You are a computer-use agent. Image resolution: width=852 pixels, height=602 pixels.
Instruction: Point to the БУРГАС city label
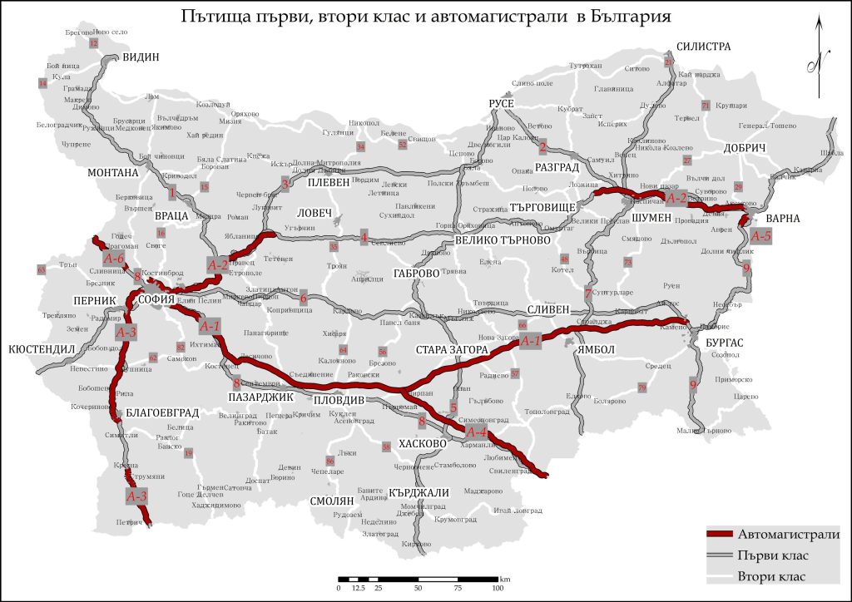(x=721, y=342)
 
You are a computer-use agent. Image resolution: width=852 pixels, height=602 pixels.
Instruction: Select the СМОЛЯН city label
(x=331, y=502)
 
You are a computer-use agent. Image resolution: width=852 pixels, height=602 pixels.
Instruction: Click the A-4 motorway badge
(x=476, y=432)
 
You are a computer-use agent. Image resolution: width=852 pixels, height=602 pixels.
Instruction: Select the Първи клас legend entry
(x=773, y=555)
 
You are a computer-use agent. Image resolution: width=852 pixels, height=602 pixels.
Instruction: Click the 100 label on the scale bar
(x=498, y=588)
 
